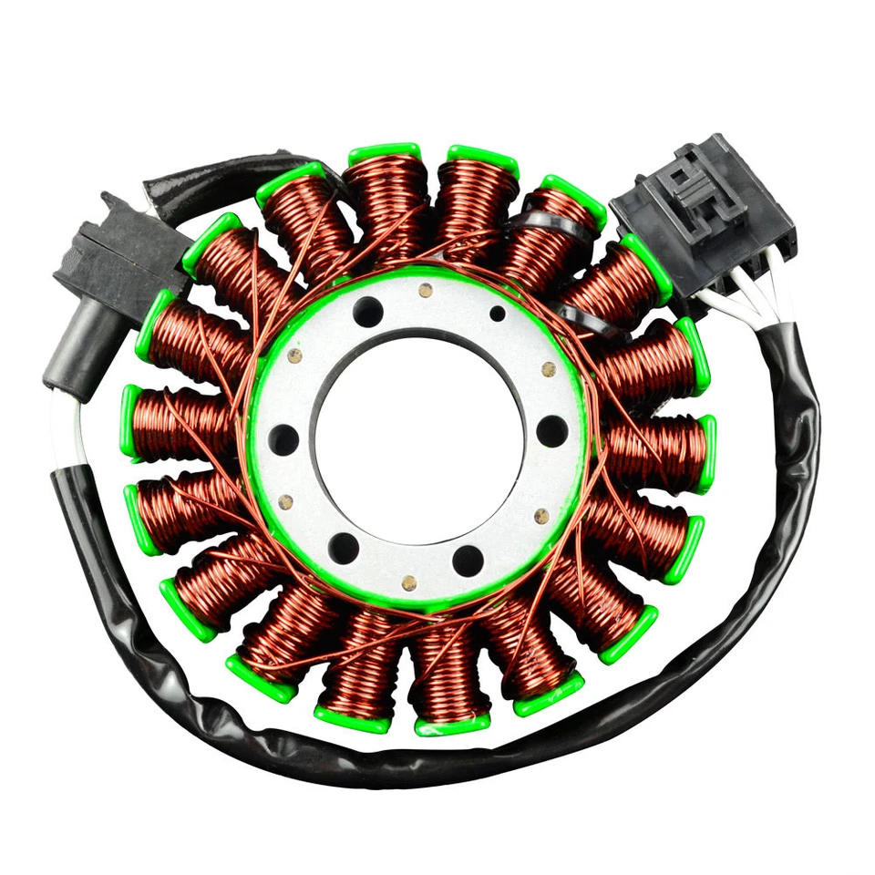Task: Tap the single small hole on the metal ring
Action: click(497, 314)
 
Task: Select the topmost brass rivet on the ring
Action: click(424, 292)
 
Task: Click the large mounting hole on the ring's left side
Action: click(284, 440)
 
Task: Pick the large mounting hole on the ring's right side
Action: click(552, 431)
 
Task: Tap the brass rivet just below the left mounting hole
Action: click(286, 500)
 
